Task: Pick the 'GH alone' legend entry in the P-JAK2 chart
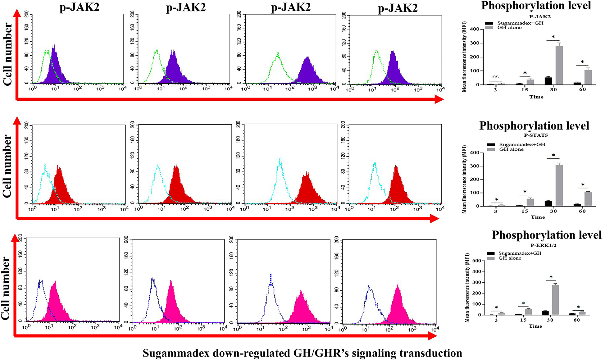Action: point(509,28)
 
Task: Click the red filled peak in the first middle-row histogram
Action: point(59,186)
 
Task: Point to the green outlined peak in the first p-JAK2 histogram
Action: point(47,62)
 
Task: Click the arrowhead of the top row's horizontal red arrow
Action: point(439,99)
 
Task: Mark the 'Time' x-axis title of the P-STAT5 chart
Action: point(538,217)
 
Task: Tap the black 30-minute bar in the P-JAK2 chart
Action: point(548,81)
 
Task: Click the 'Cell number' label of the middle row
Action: point(7,166)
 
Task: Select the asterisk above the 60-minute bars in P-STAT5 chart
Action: point(583,185)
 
